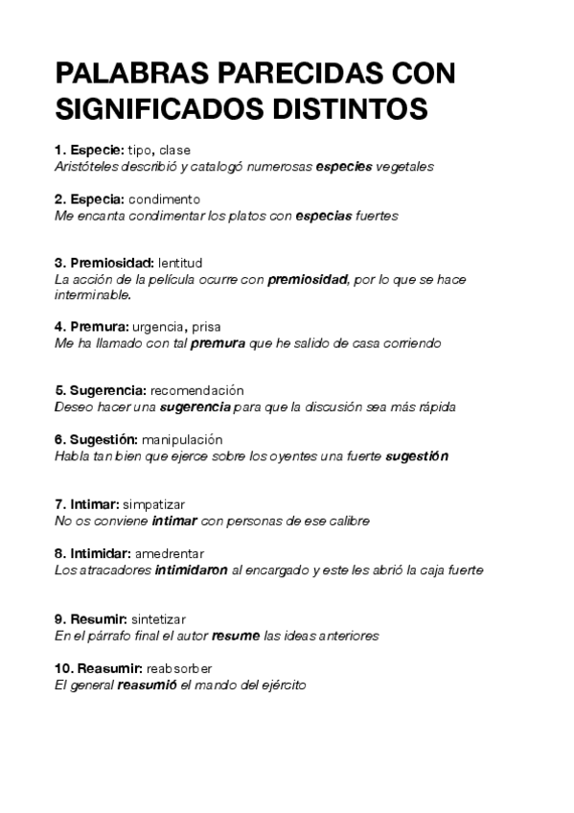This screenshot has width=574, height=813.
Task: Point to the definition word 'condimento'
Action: point(164,199)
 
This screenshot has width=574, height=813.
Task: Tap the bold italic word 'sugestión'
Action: point(417,456)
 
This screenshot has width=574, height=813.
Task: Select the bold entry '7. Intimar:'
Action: point(87,504)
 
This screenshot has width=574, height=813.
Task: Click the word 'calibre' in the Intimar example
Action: point(348,521)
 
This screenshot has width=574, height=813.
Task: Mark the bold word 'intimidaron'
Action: point(192,569)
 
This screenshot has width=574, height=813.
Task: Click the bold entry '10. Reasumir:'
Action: point(99,667)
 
